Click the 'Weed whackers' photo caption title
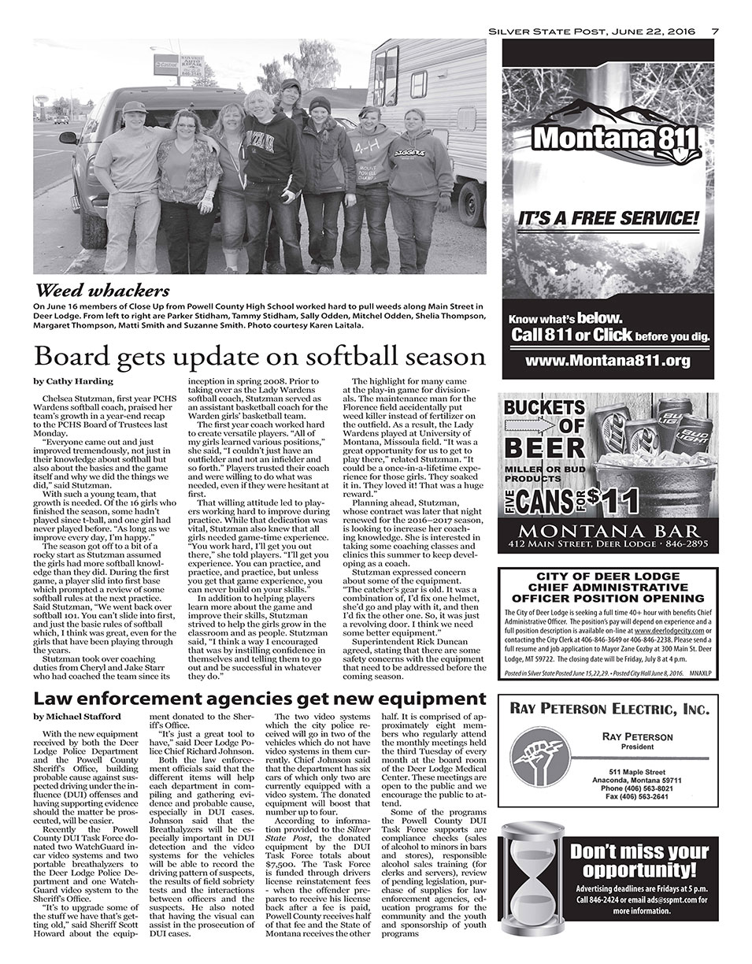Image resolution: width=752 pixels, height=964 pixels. pyautogui.click(x=102, y=291)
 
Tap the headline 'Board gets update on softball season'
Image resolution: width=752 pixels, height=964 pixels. pyautogui.click(x=260, y=357)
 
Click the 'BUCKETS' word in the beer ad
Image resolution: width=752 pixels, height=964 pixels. pyautogui.click(x=543, y=408)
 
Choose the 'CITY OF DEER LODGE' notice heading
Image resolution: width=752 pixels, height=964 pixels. pyautogui.click(x=608, y=577)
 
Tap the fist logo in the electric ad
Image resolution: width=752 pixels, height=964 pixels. pyautogui.click(x=537, y=759)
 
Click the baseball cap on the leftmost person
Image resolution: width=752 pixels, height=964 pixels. pyautogui.click(x=134, y=107)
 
